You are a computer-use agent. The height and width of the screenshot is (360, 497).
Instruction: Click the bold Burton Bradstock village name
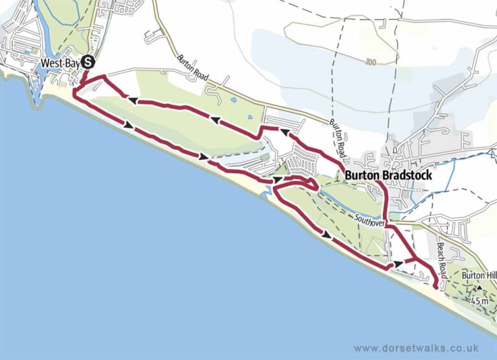388,175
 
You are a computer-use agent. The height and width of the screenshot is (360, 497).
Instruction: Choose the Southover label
371,221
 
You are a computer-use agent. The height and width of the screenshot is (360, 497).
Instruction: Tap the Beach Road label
441,258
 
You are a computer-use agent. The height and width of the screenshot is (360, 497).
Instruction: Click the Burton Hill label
478,275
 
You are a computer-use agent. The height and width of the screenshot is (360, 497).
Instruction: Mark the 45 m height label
480,301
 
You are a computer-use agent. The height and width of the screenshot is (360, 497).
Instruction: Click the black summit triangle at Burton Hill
480,289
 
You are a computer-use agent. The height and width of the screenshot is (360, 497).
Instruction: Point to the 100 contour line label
370,62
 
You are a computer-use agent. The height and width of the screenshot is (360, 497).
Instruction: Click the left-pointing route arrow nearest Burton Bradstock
283,131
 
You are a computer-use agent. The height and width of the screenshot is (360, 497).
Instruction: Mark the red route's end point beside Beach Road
434,281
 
